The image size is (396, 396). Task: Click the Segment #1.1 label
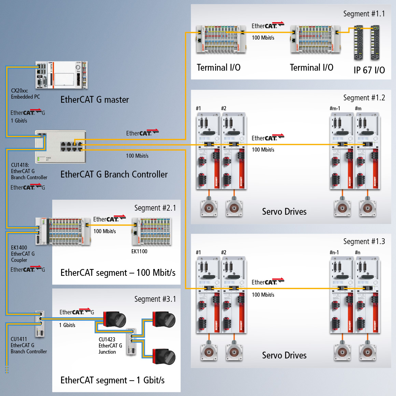364,14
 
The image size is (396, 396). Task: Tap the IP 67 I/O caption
369,70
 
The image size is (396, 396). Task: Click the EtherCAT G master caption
95,100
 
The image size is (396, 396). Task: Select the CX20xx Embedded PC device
61,75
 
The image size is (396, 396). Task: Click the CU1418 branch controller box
60,147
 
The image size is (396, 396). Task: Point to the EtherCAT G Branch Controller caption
114,174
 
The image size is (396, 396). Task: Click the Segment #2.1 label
155,208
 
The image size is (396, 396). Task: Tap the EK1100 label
139,252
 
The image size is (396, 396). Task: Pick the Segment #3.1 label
155,299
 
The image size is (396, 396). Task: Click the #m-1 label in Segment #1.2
335,109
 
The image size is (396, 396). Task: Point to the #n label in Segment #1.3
357,253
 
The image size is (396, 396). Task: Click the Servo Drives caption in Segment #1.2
284,212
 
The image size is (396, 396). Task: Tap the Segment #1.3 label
364,242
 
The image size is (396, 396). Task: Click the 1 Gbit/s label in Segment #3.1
67,325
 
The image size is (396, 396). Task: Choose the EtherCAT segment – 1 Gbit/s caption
112,380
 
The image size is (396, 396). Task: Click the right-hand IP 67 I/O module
375,42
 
